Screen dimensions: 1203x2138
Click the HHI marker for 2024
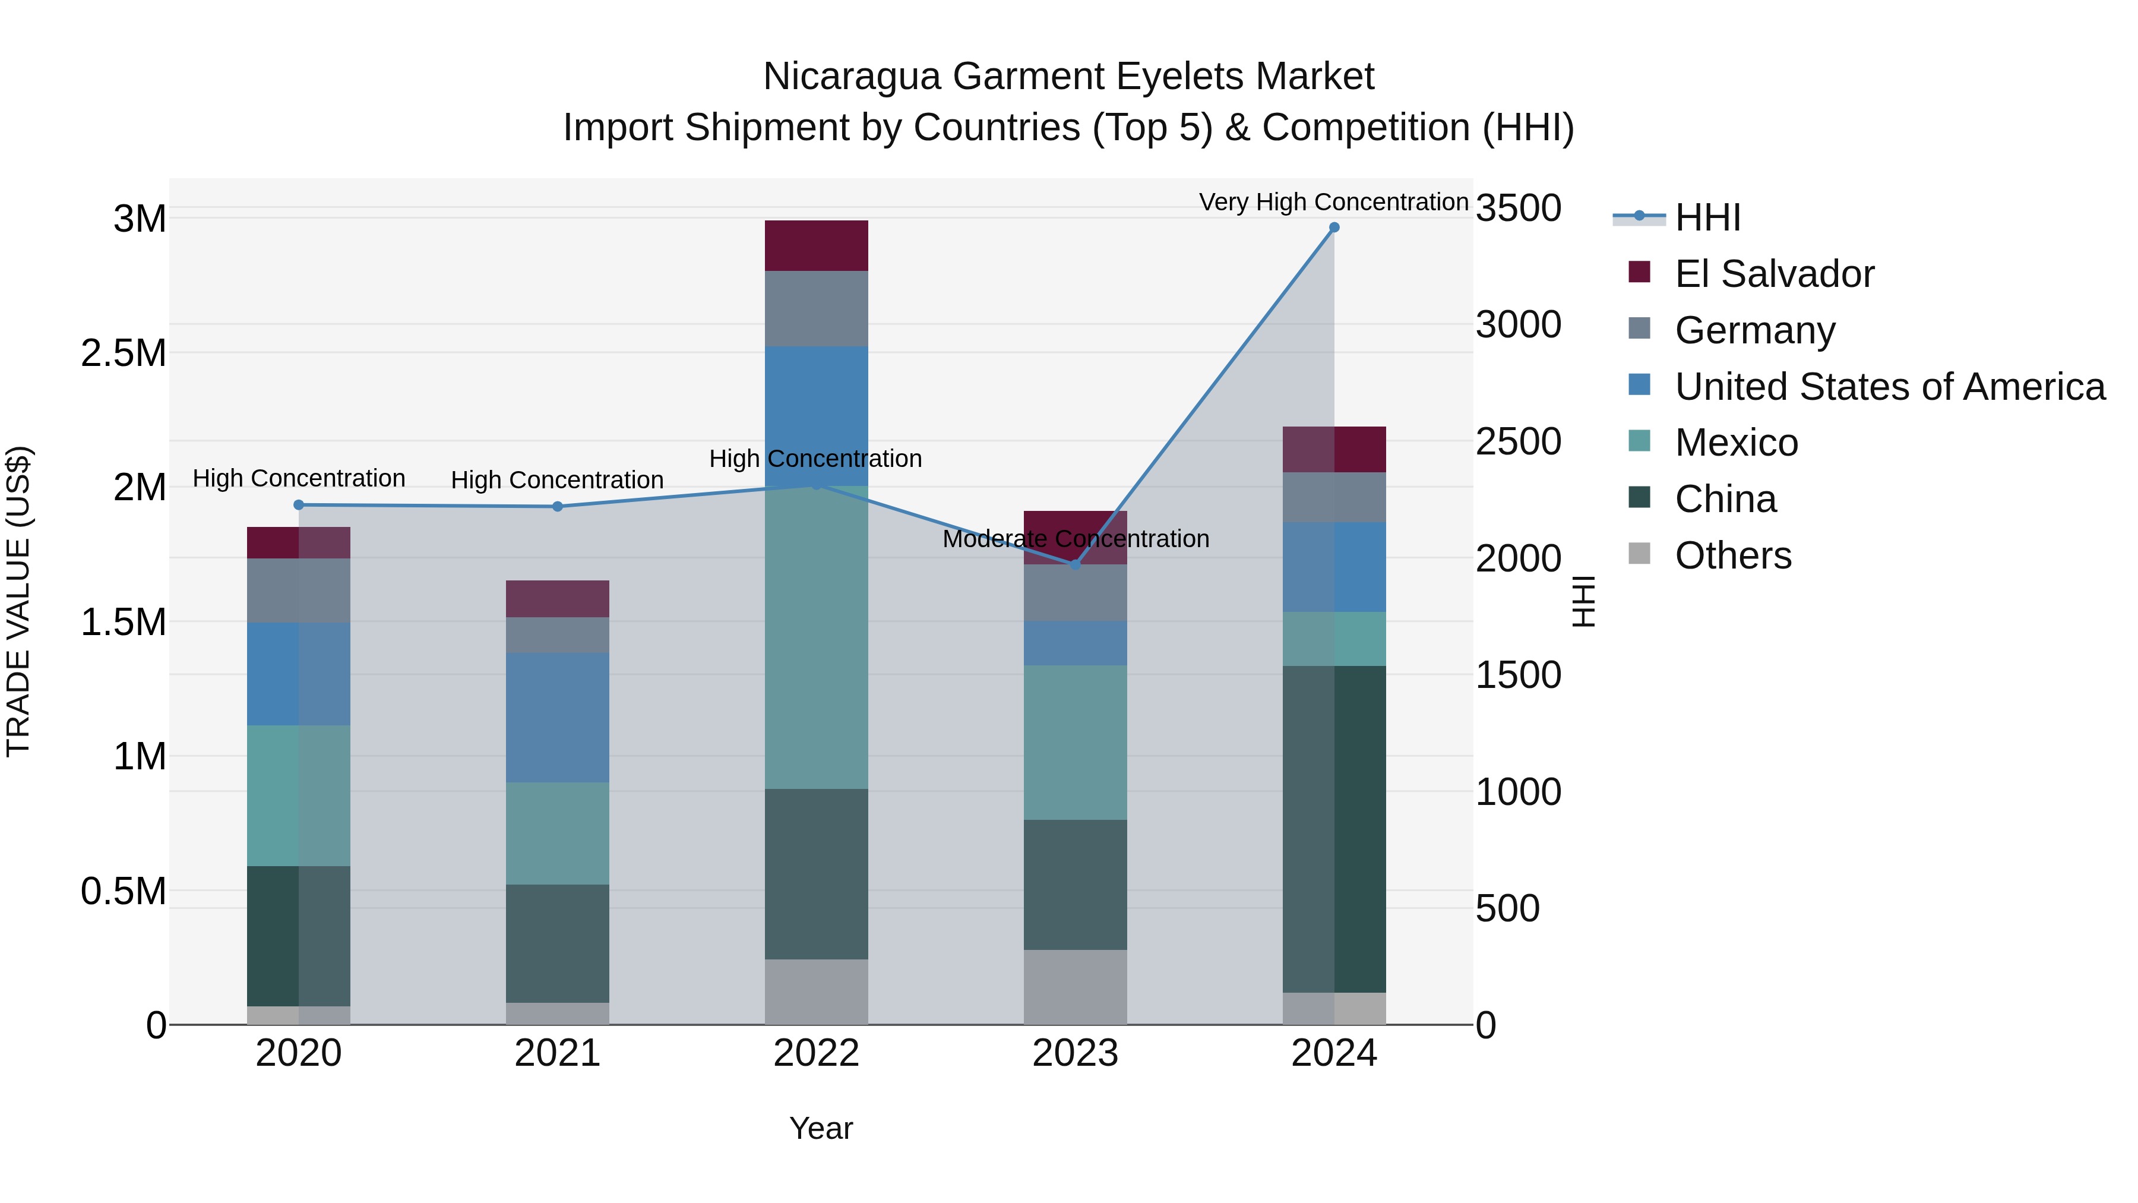click(x=1334, y=228)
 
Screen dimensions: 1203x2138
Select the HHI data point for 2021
click(x=558, y=506)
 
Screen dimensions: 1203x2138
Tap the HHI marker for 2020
click(x=299, y=505)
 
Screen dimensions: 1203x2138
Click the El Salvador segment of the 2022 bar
click(x=816, y=246)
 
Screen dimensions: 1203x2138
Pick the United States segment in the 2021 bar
click(x=558, y=717)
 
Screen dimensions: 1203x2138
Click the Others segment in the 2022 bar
click(x=816, y=992)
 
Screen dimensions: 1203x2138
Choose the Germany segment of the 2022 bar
click(x=816, y=309)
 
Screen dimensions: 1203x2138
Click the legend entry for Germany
click(x=1754, y=330)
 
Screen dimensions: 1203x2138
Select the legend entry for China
click(x=1725, y=500)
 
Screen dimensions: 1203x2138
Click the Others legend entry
click(x=1732, y=556)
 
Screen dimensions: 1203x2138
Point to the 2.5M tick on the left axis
click(x=124, y=353)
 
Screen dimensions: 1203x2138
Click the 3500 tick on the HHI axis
click(x=1518, y=209)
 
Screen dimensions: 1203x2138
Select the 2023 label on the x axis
click(x=1075, y=1053)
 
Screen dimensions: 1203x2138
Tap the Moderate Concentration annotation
click(x=1075, y=539)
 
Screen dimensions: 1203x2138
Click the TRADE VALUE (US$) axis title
click(x=18, y=601)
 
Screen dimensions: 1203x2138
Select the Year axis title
click(x=821, y=1128)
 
